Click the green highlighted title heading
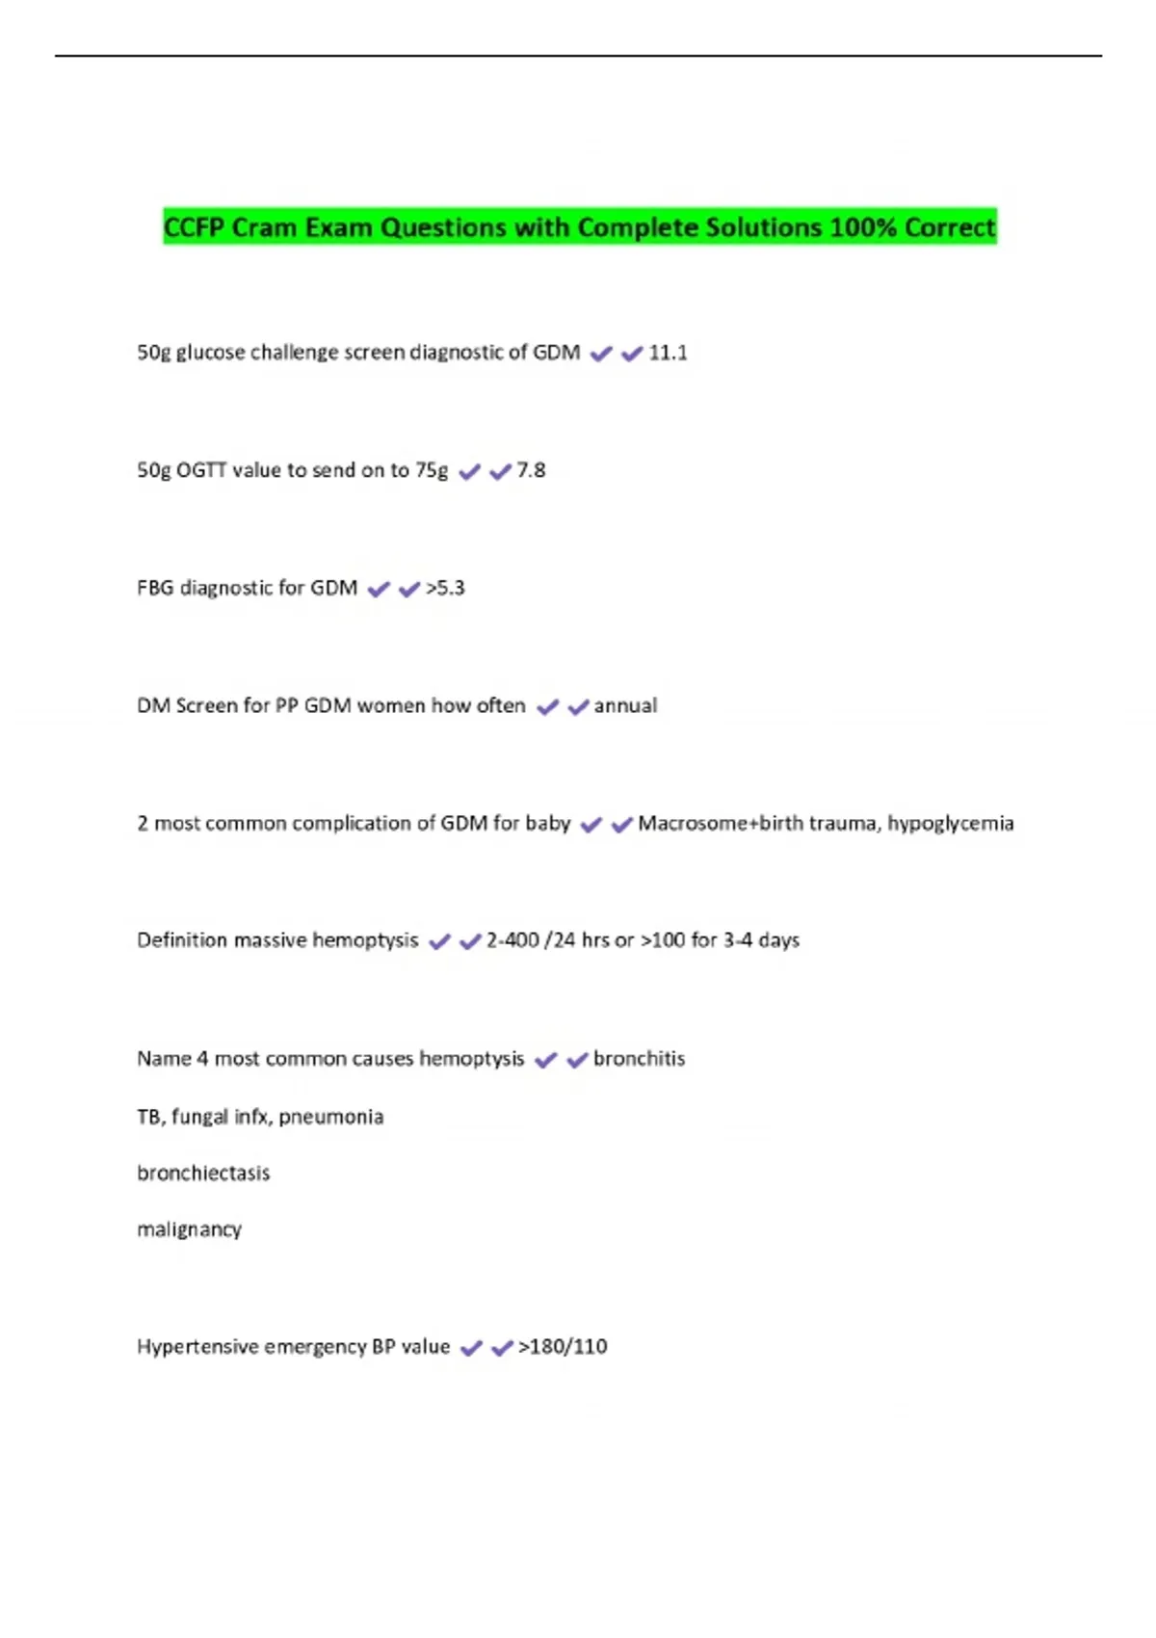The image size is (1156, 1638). pos(579,227)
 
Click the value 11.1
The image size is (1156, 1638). pos(668,353)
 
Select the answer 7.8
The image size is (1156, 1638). pos(531,470)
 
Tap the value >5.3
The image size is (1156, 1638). pos(445,588)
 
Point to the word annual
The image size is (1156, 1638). pos(625,705)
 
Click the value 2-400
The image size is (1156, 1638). pos(512,940)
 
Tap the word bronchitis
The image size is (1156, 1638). pos(639,1059)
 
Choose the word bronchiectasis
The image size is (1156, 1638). pos(203,1174)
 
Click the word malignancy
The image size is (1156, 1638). pos(189,1230)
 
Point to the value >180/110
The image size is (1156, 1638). pos(563,1347)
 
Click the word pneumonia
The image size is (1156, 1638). pos(330,1118)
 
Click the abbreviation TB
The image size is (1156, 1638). pos(148,1118)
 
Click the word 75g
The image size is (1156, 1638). pos(432,471)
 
